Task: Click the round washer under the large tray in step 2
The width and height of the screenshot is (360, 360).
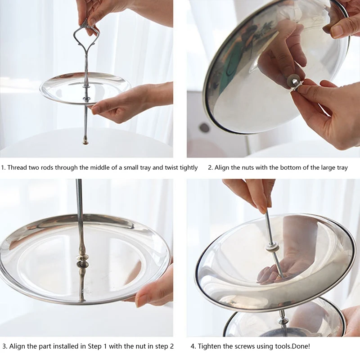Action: point(292,81)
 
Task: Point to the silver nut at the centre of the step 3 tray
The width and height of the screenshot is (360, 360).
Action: point(82,264)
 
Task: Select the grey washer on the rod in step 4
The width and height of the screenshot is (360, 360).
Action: point(271,249)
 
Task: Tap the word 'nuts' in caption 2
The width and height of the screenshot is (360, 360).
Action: point(247,167)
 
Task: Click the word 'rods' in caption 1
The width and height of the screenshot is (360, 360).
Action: point(47,167)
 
